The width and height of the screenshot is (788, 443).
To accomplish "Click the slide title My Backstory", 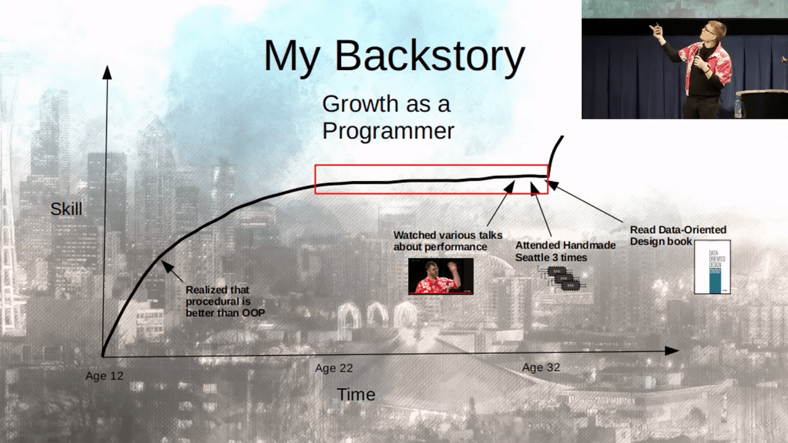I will [x=394, y=56].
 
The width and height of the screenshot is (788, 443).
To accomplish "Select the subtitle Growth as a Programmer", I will [x=388, y=117].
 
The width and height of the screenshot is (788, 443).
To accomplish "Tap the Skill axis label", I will [x=66, y=209].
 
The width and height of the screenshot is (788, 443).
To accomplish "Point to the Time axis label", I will [x=356, y=394].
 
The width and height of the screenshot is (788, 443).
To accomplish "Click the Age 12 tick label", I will [x=104, y=376].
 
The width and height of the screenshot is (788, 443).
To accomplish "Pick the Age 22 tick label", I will [x=334, y=368].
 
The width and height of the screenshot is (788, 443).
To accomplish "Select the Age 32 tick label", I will [x=541, y=367].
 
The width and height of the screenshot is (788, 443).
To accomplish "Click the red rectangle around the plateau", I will [x=431, y=179].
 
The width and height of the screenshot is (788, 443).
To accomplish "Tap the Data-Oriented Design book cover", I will [x=712, y=266].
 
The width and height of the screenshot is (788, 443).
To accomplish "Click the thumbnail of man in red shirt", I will [x=441, y=276].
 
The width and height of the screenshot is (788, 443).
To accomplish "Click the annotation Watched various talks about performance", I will [x=448, y=241].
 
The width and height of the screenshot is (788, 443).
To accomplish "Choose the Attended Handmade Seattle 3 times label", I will [x=565, y=251].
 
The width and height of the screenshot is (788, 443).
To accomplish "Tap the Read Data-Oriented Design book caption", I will [x=677, y=235].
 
